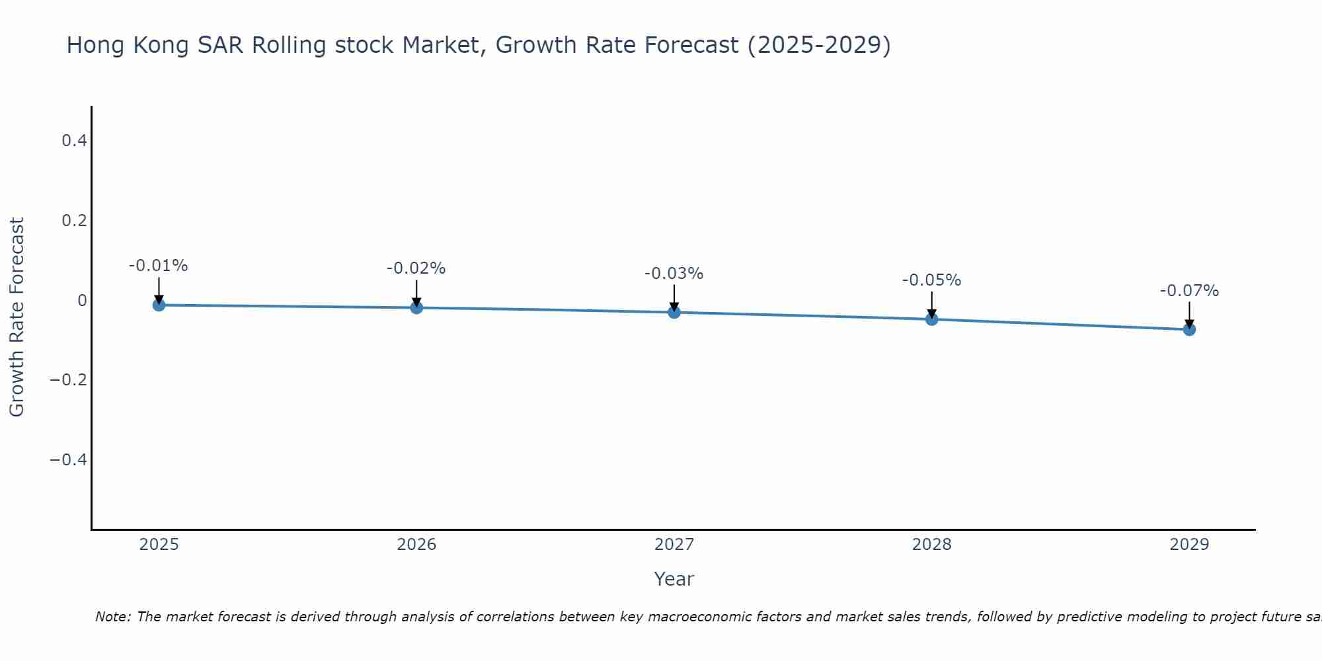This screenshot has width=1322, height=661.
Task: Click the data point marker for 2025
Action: [159, 305]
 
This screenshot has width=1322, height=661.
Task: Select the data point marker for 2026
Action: [416, 307]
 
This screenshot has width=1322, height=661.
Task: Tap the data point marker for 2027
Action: [674, 312]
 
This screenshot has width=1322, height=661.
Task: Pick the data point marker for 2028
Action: [932, 319]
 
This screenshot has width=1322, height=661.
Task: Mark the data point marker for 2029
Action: [1189, 329]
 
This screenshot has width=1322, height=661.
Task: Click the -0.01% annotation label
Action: [159, 266]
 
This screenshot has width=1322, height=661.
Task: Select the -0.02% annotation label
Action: [416, 268]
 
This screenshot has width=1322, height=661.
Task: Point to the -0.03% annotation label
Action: [674, 274]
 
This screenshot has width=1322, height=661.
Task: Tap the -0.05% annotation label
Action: [932, 280]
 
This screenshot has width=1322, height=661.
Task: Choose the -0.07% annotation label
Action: [1189, 291]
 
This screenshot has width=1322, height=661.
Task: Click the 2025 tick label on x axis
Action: [159, 545]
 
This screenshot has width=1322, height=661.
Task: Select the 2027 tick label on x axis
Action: [674, 545]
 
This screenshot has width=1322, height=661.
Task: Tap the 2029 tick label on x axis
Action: [1189, 545]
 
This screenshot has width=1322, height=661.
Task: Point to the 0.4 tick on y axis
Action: [74, 140]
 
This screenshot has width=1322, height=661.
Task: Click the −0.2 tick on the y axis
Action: [69, 379]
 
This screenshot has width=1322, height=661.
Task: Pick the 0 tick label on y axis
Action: [82, 300]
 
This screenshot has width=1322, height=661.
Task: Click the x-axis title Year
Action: [674, 579]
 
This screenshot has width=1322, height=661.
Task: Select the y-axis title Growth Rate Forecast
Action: [17, 317]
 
